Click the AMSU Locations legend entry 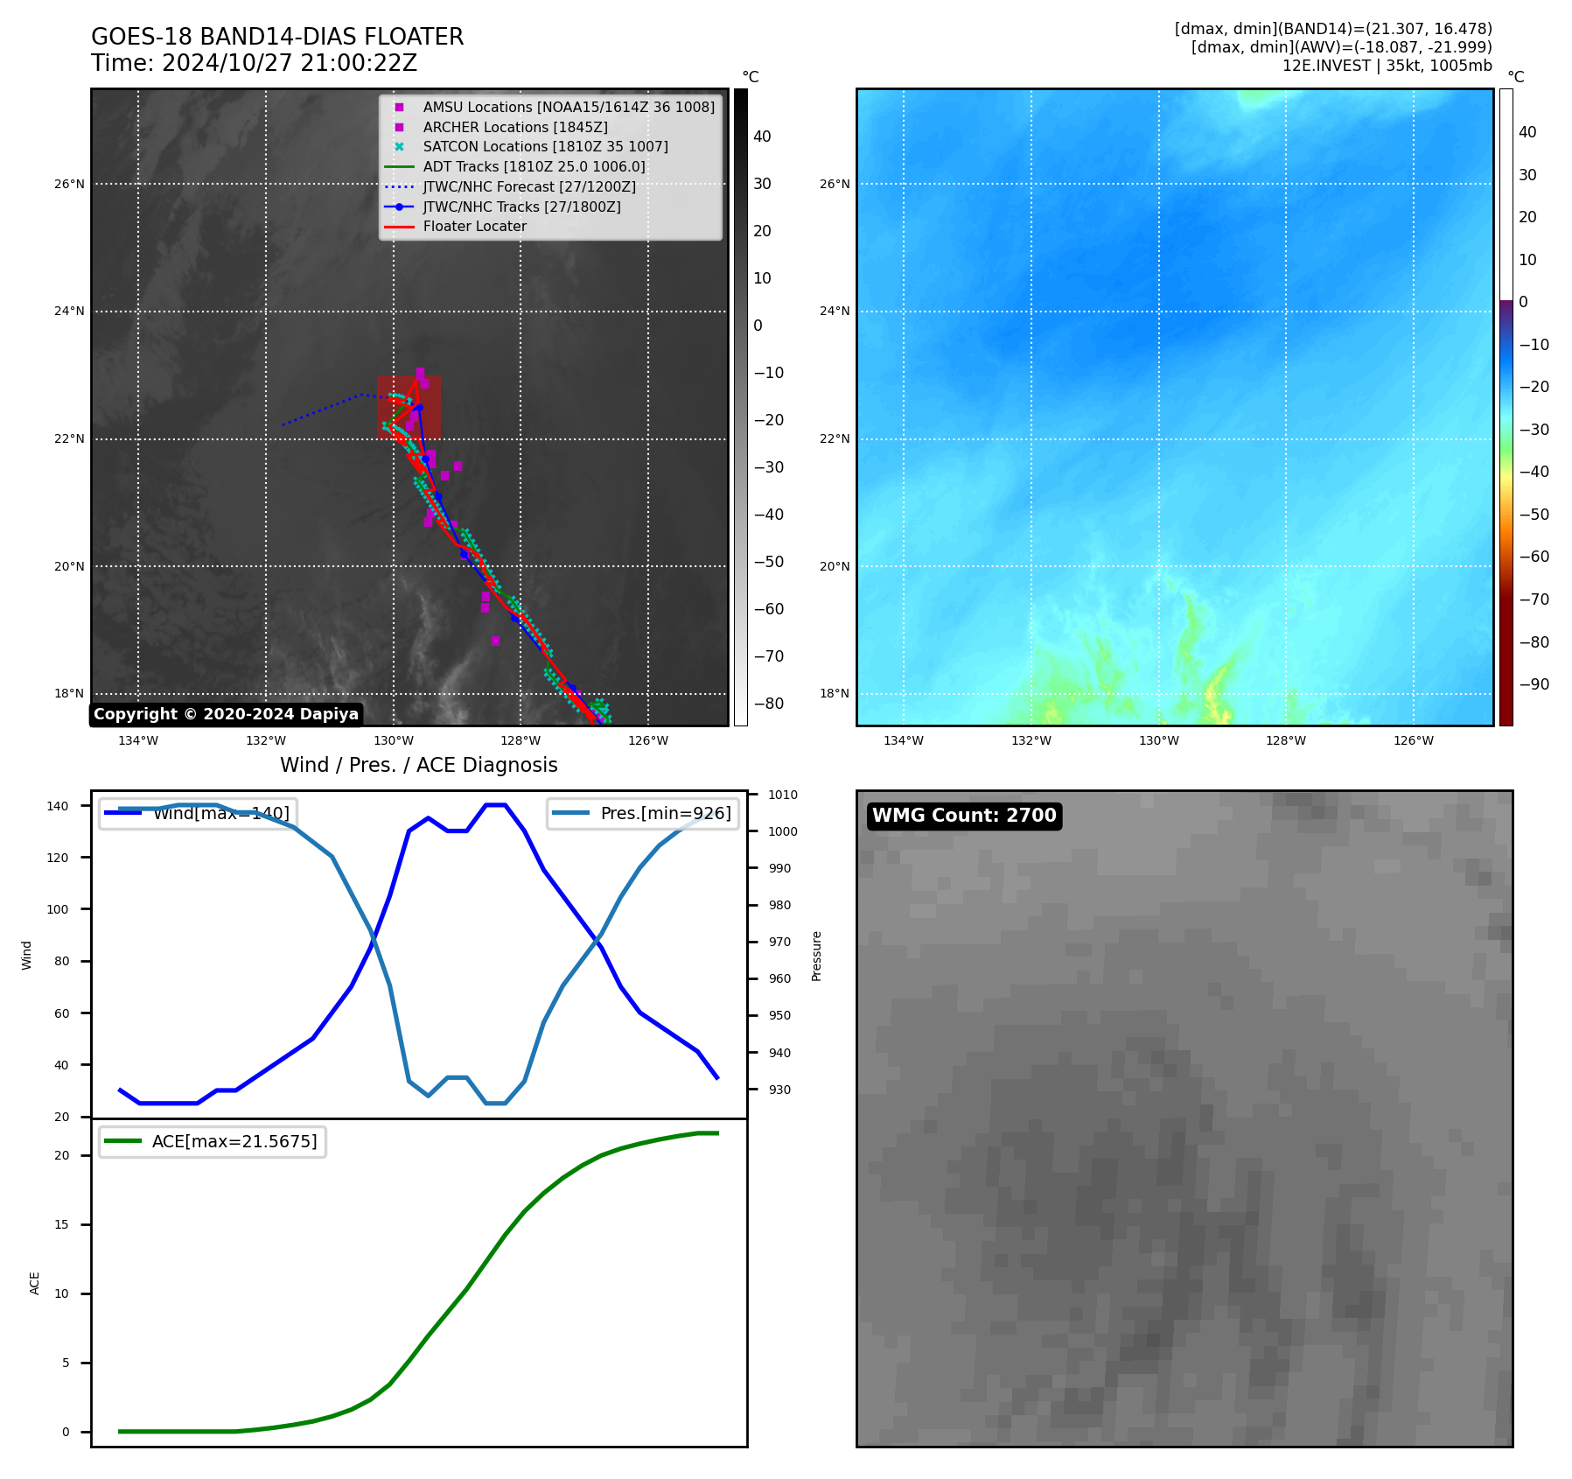click(x=568, y=107)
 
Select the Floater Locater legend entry click(x=474, y=227)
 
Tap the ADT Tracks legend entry click(x=534, y=166)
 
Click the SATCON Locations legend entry click(x=545, y=146)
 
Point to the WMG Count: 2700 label click(x=964, y=816)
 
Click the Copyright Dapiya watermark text click(x=226, y=714)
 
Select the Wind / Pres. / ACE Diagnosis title click(x=418, y=765)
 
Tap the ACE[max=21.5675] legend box click(x=213, y=1142)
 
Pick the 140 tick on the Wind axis click(x=57, y=806)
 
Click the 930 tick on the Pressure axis click(x=779, y=1090)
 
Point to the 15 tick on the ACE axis click(x=61, y=1224)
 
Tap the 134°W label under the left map click(x=138, y=740)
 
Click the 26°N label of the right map click(x=834, y=184)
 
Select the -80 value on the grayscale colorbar click(x=768, y=704)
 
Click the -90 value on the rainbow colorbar click(x=1534, y=684)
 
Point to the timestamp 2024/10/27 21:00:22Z click(x=290, y=63)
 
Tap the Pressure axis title click(x=816, y=956)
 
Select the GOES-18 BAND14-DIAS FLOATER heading click(x=277, y=37)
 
